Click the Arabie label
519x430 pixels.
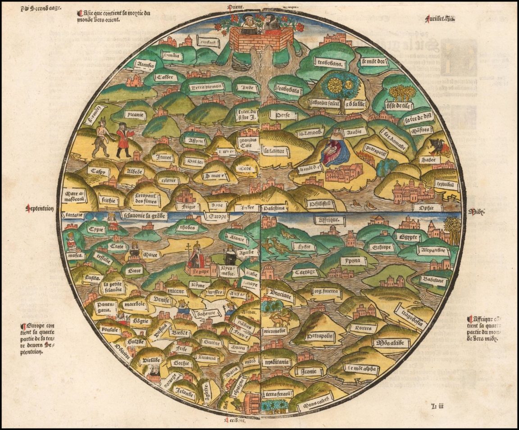pyautogui.click(x=354, y=132)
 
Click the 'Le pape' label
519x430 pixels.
pyautogui.click(x=196, y=272)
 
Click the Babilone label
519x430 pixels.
pyautogui.click(x=433, y=280)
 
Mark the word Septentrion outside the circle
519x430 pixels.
pyautogui.click(x=41, y=208)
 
